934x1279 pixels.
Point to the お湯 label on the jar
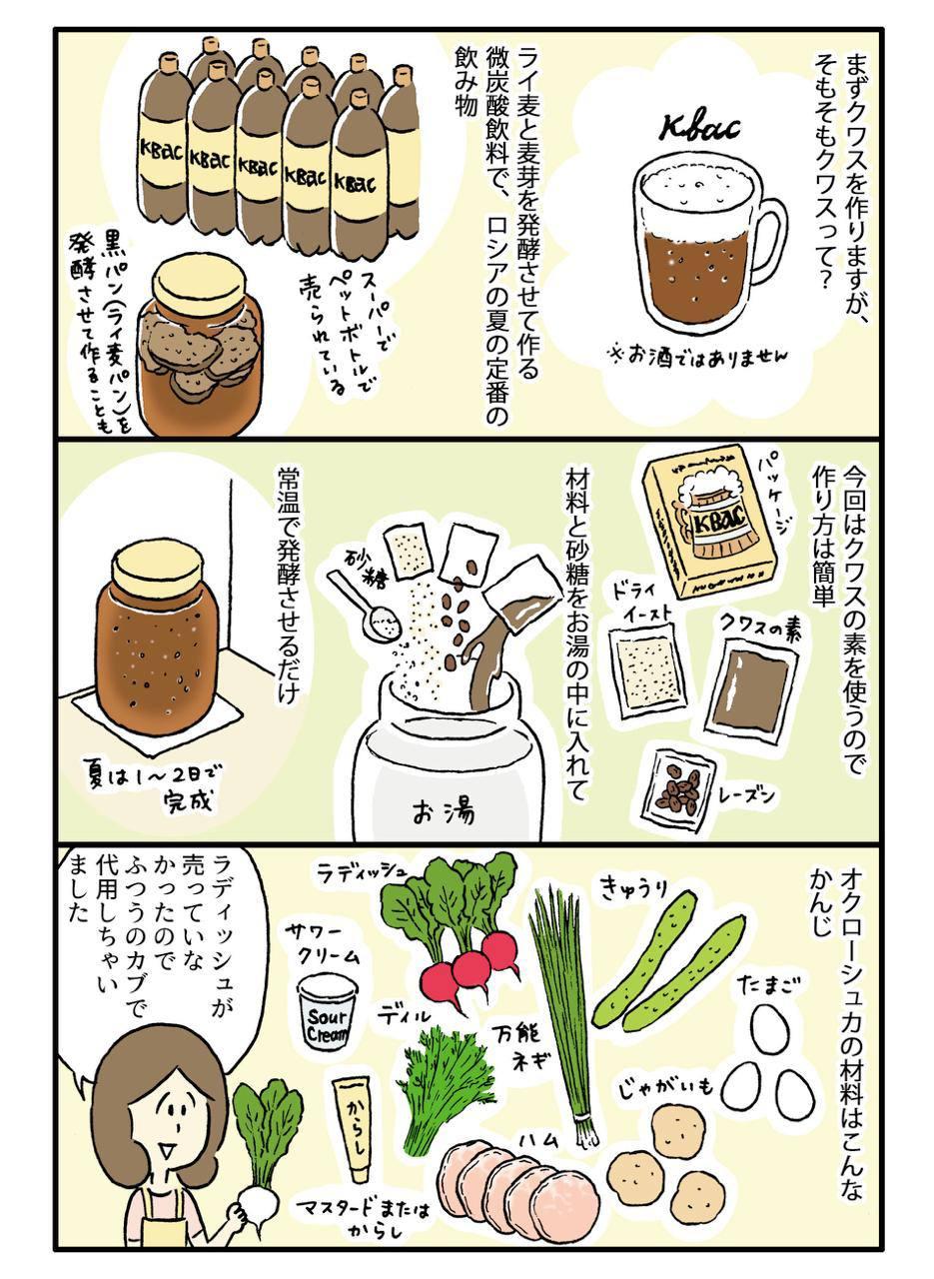pos(444,811)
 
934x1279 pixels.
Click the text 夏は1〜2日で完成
pos(153,786)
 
